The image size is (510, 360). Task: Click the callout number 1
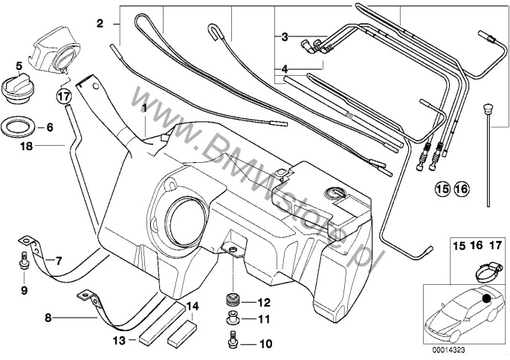(144, 108)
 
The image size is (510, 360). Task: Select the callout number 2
(100, 25)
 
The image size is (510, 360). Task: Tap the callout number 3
(284, 36)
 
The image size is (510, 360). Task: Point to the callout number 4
(284, 68)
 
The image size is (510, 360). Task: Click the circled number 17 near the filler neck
(65, 96)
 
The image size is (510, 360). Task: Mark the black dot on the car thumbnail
(486, 298)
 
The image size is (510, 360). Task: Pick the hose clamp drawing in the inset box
(479, 267)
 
